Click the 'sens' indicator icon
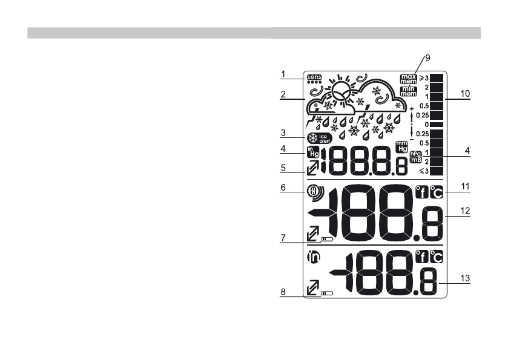[315, 77]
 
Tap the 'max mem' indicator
[409, 78]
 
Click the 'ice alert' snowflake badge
[320, 137]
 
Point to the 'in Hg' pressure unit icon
[312, 152]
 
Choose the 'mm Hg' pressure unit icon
[401, 147]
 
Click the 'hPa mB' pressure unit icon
[415, 157]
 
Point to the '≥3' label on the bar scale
[423, 78]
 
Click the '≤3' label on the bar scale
[423, 172]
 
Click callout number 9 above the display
[427, 57]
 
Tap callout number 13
[465, 278]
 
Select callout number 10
[465, 94]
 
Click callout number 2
[283, 94]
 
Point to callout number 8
[283, 292]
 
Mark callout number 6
[283, 188]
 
